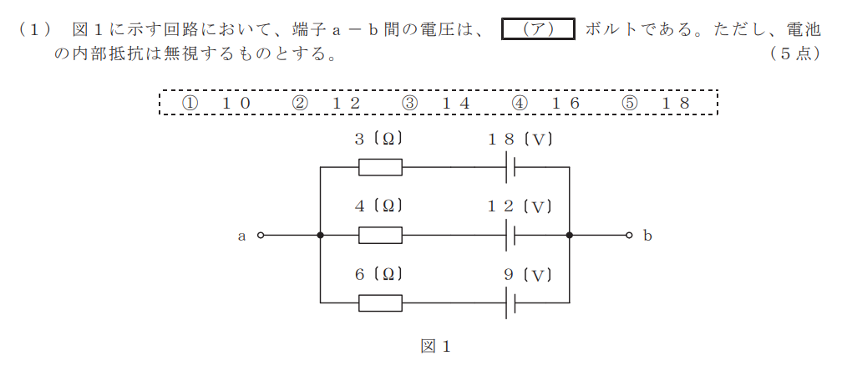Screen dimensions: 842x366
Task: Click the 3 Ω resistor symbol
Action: tap(380, 167)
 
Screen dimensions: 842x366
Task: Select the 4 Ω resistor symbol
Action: tap(380, 235)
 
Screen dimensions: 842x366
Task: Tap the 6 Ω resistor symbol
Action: tap(380, 302)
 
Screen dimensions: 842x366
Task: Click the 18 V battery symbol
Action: tap(510, 167)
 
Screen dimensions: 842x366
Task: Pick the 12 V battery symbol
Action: tap(510, 235)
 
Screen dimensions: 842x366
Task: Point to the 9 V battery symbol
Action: tap(510, 302)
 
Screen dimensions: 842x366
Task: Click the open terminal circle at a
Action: tap(261, 235)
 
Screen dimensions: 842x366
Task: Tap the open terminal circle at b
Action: tap(629, 235)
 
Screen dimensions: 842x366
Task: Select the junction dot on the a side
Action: tap(321, 235)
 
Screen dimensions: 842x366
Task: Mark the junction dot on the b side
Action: tap(569, 235)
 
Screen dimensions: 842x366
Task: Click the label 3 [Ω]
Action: tap(378, 140)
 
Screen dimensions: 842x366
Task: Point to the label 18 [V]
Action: tap(520, 140)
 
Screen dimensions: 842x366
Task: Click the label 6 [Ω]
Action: tap(378, 275)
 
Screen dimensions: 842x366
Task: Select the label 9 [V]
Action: tap(528, 275)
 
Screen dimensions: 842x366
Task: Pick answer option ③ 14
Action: tap(435, 103)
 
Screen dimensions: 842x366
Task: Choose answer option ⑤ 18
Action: tap(655, 103)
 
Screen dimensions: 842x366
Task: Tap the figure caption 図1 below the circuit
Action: tap(435, 347)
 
